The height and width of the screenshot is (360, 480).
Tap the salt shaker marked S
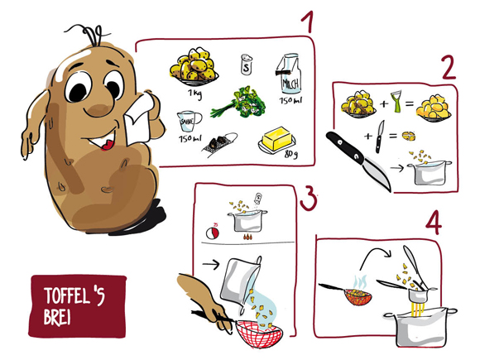click(x=244, y=64)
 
